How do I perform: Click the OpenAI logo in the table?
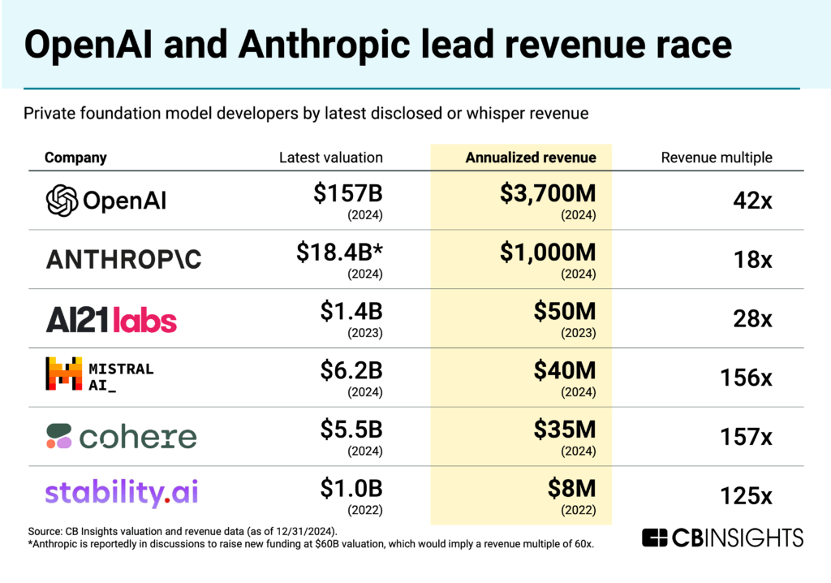pyautogui.click(x=106, y=201)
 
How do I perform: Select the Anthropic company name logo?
pyautogui.click(x=123, y=259)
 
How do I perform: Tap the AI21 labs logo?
pyautogui.click(x=111, y=320)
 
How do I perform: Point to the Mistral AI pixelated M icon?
pyautogui.click(x=62, y=374)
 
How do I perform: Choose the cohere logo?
pyautogui.click(x=121, y=436)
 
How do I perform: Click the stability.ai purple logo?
pyautogui.click(x=122, y=492)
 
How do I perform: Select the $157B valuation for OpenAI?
pyautogui.click(x=348, y=195)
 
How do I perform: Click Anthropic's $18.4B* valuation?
pyautogui.click(x=339, y=253)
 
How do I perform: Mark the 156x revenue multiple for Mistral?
pyautogui.click(x=746, y=378)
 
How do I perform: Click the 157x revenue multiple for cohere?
pyautogui.click(x=746, y=437)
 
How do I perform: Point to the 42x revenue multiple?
pyautogui.click(x=754, y=201)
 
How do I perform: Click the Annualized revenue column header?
pyautogui.click(x=531, y=158)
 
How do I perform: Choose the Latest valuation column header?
pyautogui.click(x=330, y=158)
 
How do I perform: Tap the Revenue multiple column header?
pyautogui.click(x=717, y=158)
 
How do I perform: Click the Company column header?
pyautogui.click(x=75, y=158)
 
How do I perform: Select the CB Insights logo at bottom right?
pyautogui.click(x=722, y=538)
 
